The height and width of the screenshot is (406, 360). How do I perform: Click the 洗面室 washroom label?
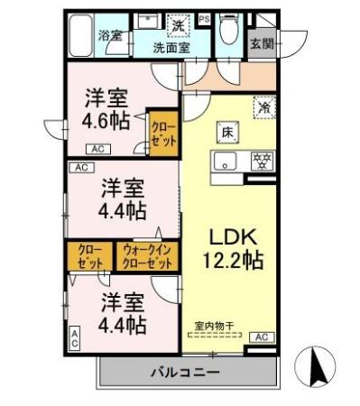pyautogui.click(x=171, y=48)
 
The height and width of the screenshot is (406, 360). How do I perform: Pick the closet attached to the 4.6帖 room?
pyautogui.click(x=163, y=134)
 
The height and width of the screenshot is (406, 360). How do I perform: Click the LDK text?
pyautogui.click(x=235, y=237)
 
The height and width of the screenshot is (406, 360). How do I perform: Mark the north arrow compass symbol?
pyautogui.click(x=317, y=366)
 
